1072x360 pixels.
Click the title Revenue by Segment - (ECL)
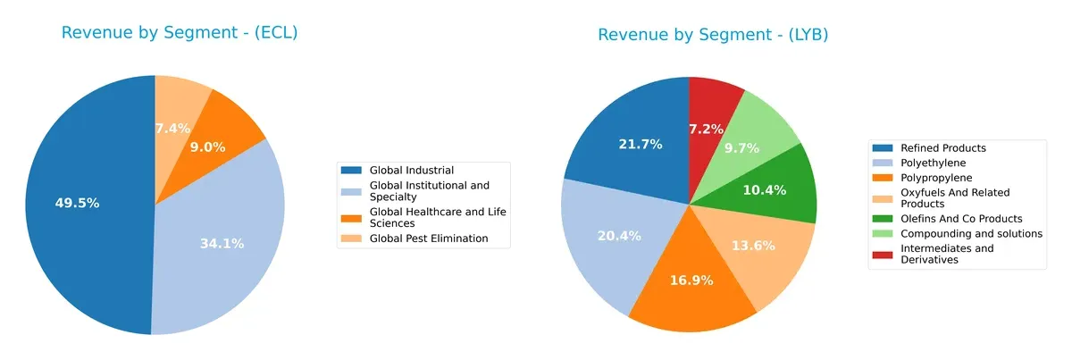tap(179, 33)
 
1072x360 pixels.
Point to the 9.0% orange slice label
tap(207, 147)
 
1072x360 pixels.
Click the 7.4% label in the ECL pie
tap(172, 129)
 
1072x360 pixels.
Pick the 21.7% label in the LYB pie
tap(640, 144)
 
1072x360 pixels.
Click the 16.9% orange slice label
tap(691, 280)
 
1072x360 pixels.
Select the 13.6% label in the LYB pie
tap(755, 246)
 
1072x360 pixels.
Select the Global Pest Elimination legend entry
tap(429, 239)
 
